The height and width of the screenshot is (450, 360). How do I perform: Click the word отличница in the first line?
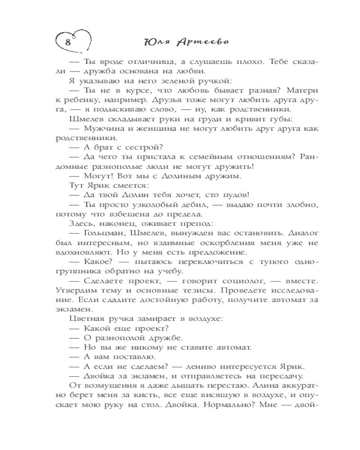(x=137, y=62)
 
